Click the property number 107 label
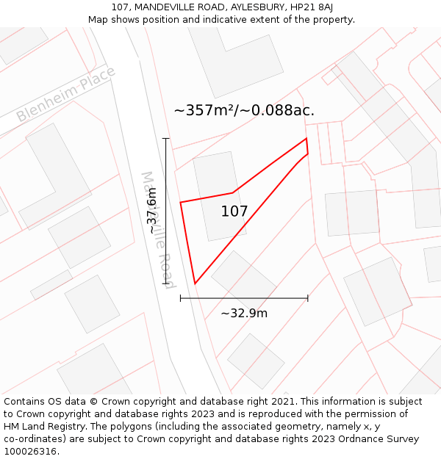(x=234, y=212)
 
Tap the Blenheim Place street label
(x=66, y=95)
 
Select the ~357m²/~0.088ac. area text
(x=244, y=111)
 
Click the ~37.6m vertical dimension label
(x=151, y=212)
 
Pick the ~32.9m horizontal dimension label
(x=244, y=314)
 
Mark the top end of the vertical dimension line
(x=166, y=138)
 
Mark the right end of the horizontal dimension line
(x=307, y=298)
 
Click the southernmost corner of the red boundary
(x=195, y=283)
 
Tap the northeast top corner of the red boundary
(x=306, y=138)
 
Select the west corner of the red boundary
(x=181, y=202)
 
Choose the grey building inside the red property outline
(x=218, y=195)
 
